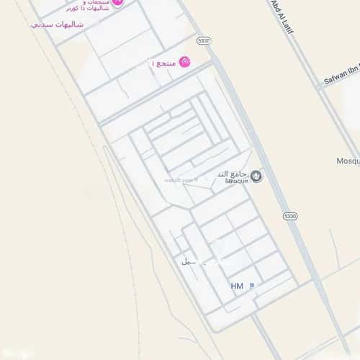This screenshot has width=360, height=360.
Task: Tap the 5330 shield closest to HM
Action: coord(289,215)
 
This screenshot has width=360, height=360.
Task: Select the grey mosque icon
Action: coord(257,175)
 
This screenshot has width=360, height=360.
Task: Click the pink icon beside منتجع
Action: coord(185,63)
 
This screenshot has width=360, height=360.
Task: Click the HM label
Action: coord(237,286)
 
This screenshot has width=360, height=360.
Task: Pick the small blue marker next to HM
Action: coord(251,286)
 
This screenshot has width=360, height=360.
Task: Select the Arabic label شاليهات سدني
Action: coord(58,24)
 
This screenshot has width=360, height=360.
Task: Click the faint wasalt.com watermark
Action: coord(180,181)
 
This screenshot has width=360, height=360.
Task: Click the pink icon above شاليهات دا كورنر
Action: coord(118,2)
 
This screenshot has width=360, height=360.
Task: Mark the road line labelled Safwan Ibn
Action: coord(331,83)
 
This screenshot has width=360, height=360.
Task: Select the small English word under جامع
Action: coord(235,181)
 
